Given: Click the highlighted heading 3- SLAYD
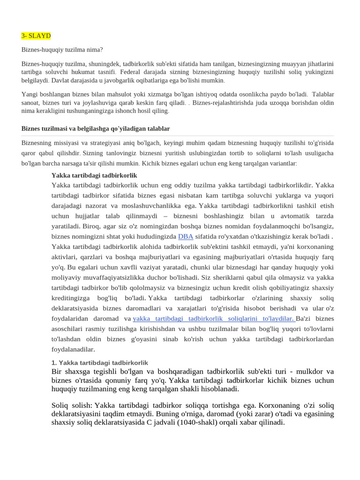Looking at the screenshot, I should pyautogui.click(x=36, y=36).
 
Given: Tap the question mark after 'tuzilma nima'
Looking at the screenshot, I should pyautogui.click(x=101, y=49).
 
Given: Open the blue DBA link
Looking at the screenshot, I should pyautogui.click(x=186, y=237).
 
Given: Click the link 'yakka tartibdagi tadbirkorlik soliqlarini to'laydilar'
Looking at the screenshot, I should pyautogui.click(x=214, y=319).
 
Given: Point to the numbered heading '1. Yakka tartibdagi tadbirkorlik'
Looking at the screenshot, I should pyautogui.click(x=99, y=363).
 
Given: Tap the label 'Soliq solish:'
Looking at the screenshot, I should pyautogui.click(x=72, y=405).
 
